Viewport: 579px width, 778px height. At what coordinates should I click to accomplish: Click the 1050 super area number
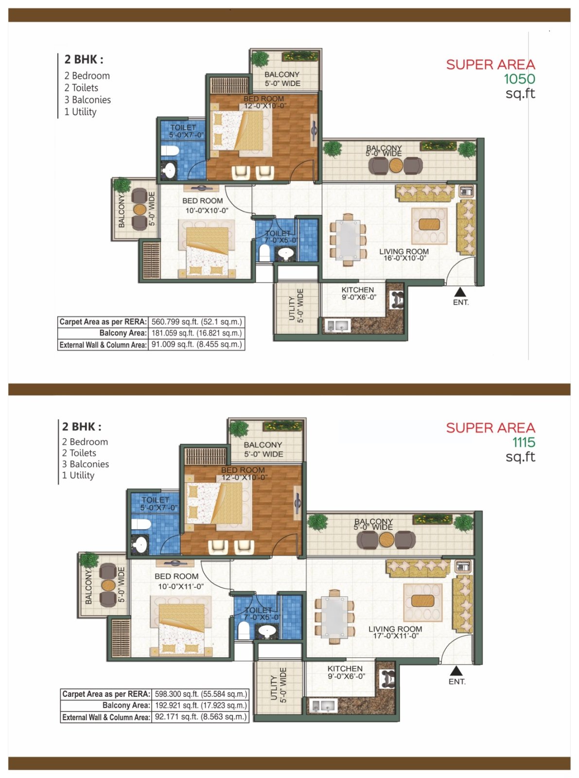point(519,79)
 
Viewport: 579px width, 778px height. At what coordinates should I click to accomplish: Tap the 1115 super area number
point(524,442)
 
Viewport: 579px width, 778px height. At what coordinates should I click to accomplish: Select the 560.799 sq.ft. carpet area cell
point(196,321)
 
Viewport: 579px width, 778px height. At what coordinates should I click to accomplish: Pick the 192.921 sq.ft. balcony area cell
point(201,705)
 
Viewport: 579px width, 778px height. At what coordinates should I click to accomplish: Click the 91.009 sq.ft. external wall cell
point(196,344)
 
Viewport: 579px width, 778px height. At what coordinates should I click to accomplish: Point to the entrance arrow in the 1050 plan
point(460,292)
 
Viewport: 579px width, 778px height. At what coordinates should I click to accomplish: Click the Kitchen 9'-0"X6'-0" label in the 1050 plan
point(358,294)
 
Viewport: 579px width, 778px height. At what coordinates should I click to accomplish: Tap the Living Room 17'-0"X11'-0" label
point(395,632)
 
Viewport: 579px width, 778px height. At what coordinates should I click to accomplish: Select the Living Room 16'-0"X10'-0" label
point(404,255)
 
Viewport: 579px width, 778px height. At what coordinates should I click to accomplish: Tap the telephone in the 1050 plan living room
point(467,191)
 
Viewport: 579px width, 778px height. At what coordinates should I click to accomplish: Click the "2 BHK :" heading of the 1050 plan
point(84,60)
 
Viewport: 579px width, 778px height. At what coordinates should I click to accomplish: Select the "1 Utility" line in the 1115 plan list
point(78,475)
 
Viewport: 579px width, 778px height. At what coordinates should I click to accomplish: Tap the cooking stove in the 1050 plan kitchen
point(397,299)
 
